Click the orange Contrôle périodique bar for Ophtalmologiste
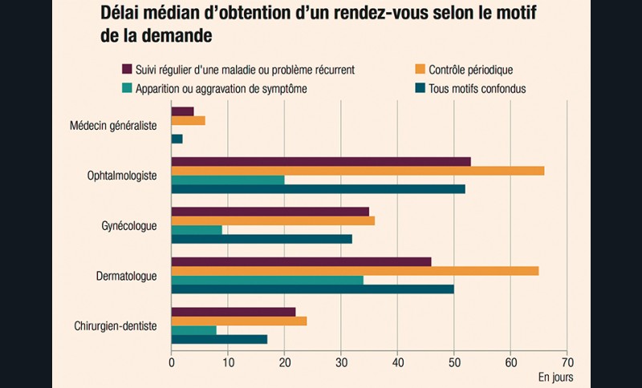point(357,170)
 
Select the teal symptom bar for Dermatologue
point(267,280)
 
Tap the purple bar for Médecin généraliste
point(183,111)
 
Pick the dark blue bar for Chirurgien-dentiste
point(219,339)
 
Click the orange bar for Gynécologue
point(273,220)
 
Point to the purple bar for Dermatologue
point(301,261)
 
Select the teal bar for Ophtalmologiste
point(228,180)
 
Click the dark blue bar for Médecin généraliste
point(177,139)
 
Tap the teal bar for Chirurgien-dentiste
point(194,329)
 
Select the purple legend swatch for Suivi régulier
point(127,70)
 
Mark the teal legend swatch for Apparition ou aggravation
point(127,88)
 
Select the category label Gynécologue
point(128,225)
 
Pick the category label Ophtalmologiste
point(122,176)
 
